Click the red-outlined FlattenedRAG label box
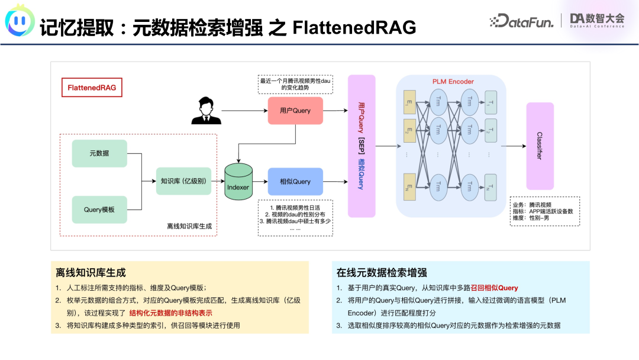[x=92, y=88]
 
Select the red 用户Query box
[x=295, y=111]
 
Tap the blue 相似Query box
[x=295, y=182]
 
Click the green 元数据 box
[x=99, y=153]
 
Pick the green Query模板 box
[x=99, y=209]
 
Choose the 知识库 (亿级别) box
[x=183, y=181]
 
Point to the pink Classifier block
[x=540, y=146]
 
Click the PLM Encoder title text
[x=449, y=81]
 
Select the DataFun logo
[x=521, y=22]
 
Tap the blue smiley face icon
[x=20, y=22]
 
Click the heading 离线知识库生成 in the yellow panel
[x=91, y=273]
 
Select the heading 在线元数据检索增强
[x=382, y=273]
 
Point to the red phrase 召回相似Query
[x=494, y=288]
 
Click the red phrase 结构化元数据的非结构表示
[x=170, y=313]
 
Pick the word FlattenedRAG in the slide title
[x=354, y=27]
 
